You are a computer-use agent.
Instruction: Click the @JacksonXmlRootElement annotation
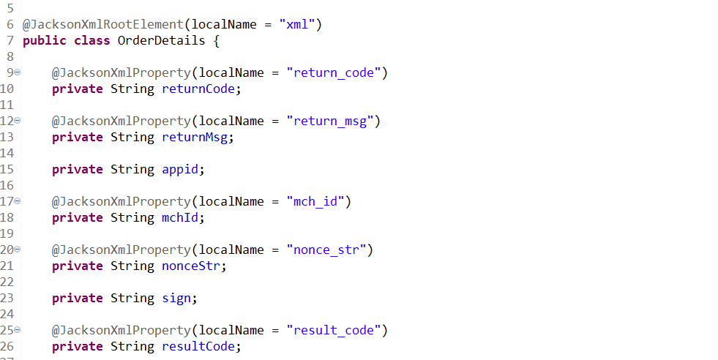pyautogui.click(x=103, y=24)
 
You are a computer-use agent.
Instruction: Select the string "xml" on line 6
pyautogui.click(x=297, y=24)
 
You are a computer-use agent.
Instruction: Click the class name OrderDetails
pyautogui.click(x=161, y=40)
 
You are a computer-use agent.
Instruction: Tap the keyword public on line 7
pyautogui.click(x=45, y=41)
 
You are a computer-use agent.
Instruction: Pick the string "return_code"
pyautogui.click(x=334, y=73)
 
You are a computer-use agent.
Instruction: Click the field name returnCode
pyautogui.click(x=198, y=89)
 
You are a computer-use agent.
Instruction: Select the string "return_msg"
pyautogui.click(x=330, y=121)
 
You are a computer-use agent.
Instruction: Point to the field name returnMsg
pyautogui.click(x=195, y=138)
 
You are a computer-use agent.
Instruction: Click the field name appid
pyautogui.click(x=180, y=170)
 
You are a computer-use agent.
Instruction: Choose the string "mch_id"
pyautogui.click(x=315, y=201)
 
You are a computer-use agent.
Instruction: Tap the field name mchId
pyautogui.click(x=180, y=217)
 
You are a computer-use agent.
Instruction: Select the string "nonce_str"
pyautogui.click(x=326, y=250)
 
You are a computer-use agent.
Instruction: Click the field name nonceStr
pyautogui.click(x=191, y=266)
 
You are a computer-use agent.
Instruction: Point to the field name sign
pyautogui.click(x=176, y=299)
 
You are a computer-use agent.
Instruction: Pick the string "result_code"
pyautogui.click(x=334, y=331)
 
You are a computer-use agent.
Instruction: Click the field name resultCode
pyautogui.click(x=198, y=347)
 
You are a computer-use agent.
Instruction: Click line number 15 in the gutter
pyautogui.click(x=7, y=170)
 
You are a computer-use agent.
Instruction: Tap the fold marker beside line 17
pyautogui.click(x=18, y=201)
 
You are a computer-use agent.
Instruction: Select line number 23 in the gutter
pyautogui.click(x=7, y=298)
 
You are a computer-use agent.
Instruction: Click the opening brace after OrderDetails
pyautogui.click(x=216, y=41)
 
